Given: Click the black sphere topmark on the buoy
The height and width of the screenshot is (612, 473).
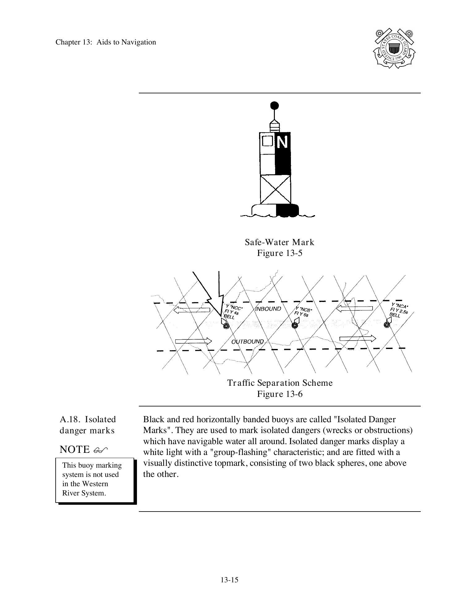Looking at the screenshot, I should pos(274,106).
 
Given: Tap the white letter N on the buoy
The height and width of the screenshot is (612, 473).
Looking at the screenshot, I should pos(283,142).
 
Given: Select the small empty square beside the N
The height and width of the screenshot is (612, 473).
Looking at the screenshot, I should pos(267,141).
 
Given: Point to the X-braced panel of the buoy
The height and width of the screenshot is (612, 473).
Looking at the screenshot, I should pos(275,189).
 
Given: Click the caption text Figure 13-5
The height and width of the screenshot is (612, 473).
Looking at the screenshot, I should pos(279,253).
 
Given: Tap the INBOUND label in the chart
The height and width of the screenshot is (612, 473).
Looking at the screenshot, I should pos(269,309).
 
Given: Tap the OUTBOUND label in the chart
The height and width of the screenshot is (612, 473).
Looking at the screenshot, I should pos(248,342).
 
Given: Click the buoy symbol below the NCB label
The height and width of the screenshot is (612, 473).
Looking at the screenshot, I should pos(295,325).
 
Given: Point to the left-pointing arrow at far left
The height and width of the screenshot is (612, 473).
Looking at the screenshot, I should pos(192,310).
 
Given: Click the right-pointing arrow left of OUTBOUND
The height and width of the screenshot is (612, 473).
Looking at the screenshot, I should pos(194,341).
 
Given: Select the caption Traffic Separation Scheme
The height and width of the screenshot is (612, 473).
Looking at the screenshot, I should pos(280,383).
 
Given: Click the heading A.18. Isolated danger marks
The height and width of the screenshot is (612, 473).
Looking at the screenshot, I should pos(87,425).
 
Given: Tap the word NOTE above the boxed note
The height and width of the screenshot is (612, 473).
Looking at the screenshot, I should pos(75,449).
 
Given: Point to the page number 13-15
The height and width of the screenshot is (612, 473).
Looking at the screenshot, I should pos(229,580).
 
